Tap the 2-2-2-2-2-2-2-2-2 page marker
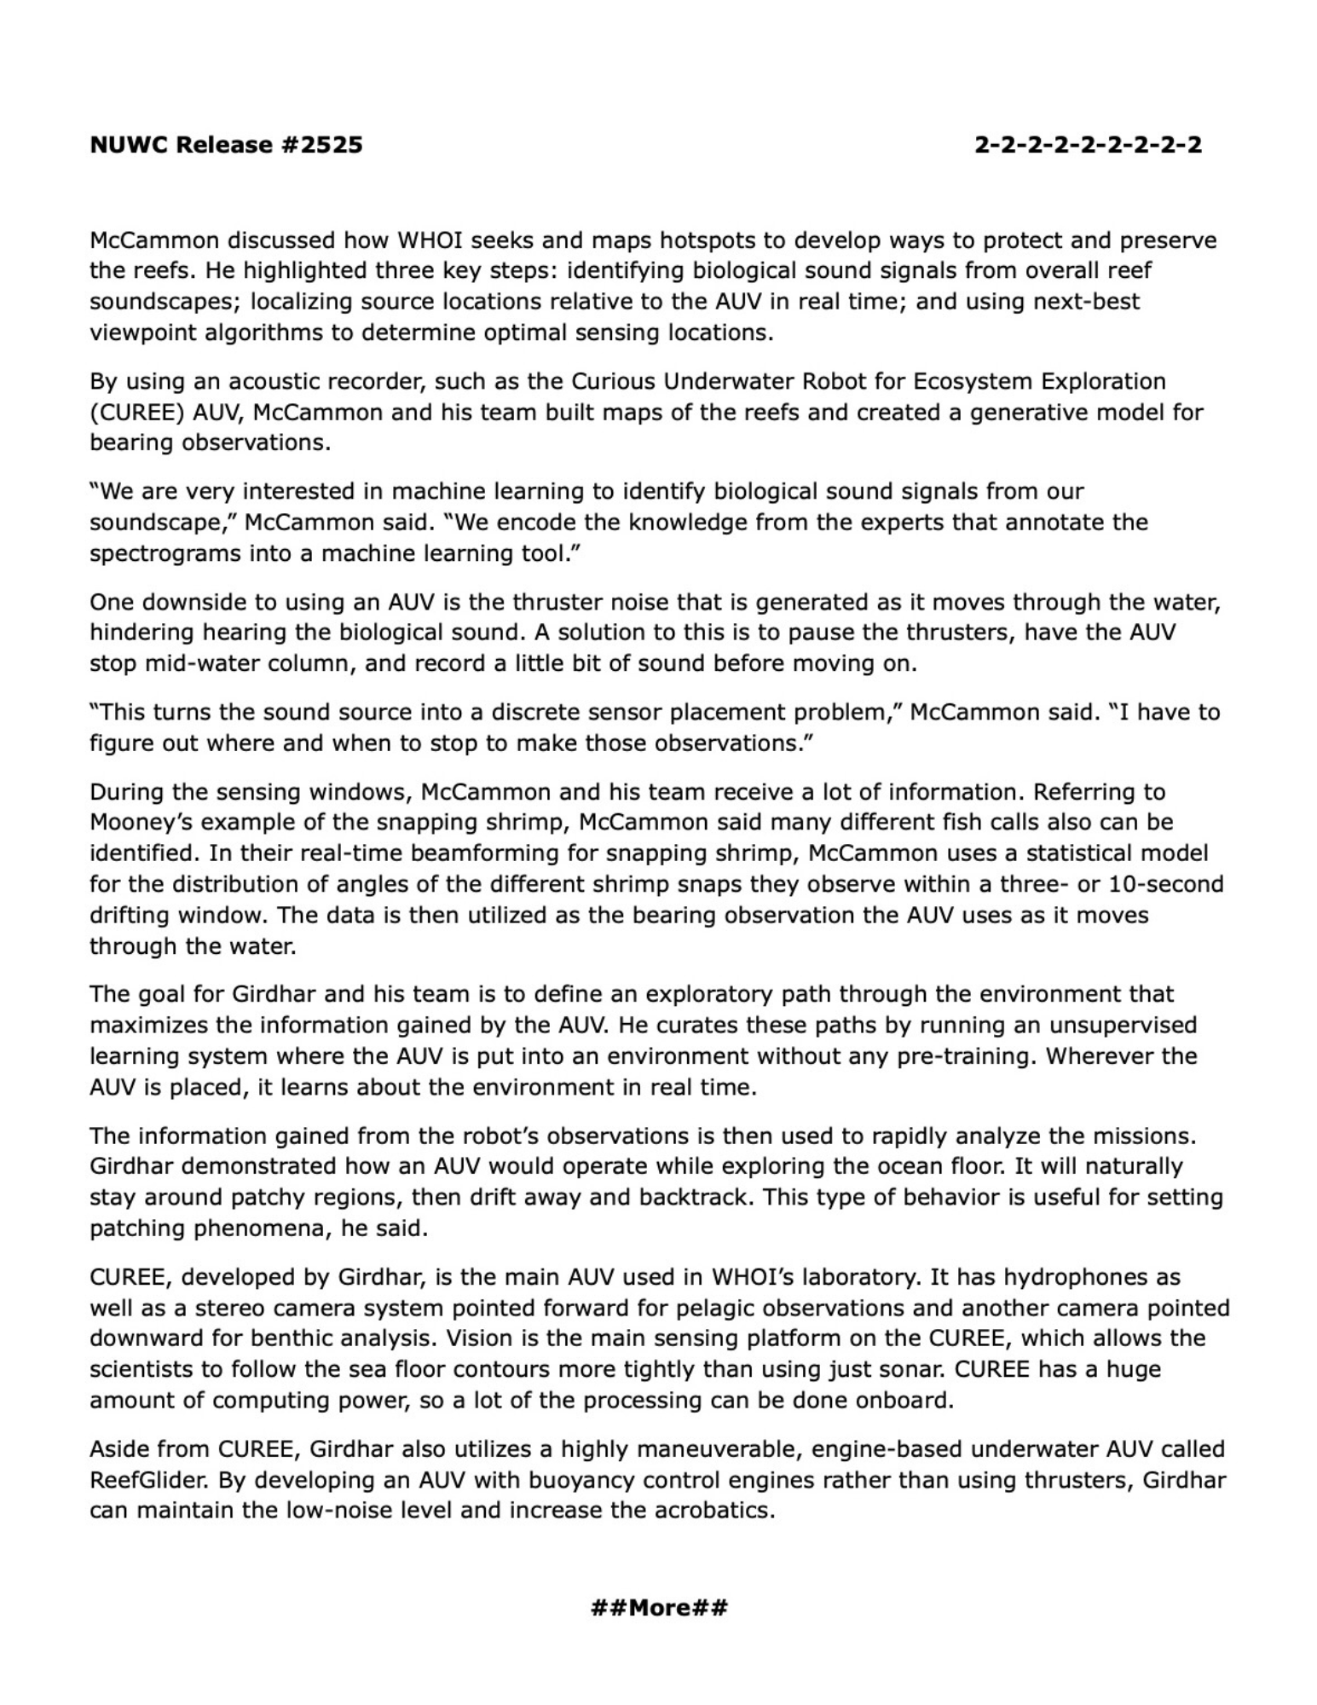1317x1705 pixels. point(1089,145)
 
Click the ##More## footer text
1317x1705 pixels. point(659,1608)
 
